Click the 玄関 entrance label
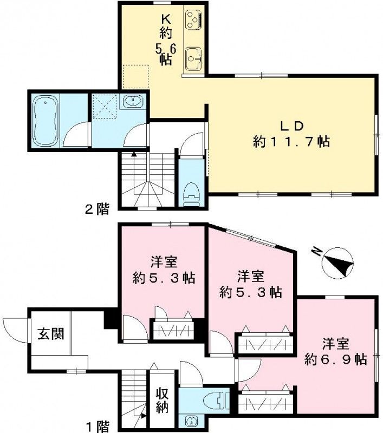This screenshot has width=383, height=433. (50, 333)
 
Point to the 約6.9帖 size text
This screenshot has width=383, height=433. (336, 359)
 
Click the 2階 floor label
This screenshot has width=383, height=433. (96, 209)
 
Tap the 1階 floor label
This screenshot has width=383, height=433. (96, 427)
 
